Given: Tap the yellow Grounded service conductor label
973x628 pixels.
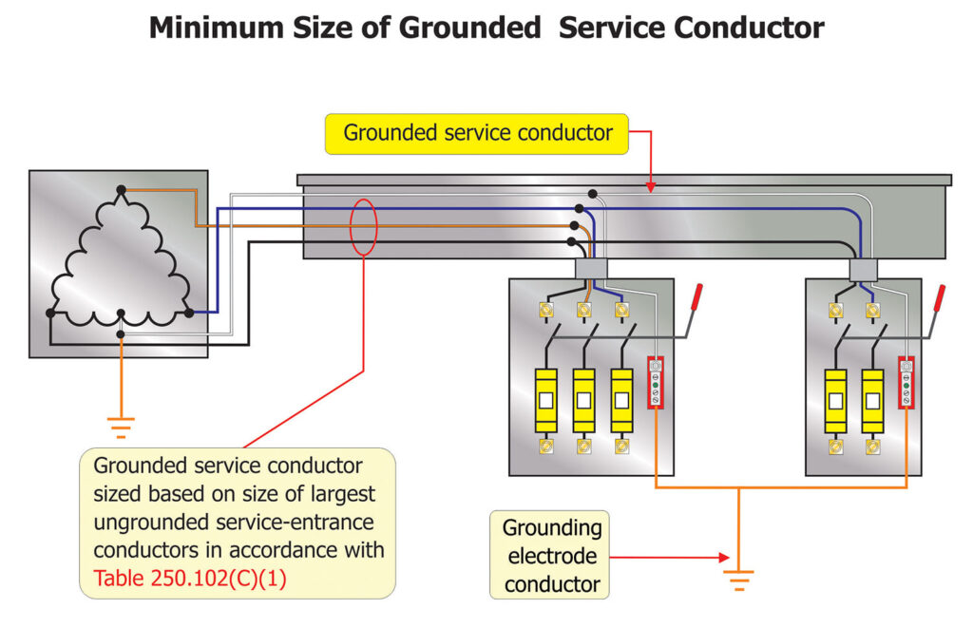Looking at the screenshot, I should (x=477, y=133).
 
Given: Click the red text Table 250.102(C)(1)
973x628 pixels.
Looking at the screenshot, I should (x=190, y=577).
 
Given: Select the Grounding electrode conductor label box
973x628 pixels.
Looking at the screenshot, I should (x=547, y=556).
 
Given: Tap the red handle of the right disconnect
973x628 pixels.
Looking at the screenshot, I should (x=939, y=298).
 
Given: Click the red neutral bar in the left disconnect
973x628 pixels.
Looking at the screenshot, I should (x=655, y=383).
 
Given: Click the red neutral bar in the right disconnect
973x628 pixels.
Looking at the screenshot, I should (x=906, y=383).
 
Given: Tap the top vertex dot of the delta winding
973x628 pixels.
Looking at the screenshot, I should (x=121, y=191).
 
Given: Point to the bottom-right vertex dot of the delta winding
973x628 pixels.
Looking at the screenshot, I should (x=188, y=313).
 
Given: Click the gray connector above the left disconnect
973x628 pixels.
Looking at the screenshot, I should (x=590, y=270).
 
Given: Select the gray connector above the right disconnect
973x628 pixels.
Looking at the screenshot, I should (x=864, y=271).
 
